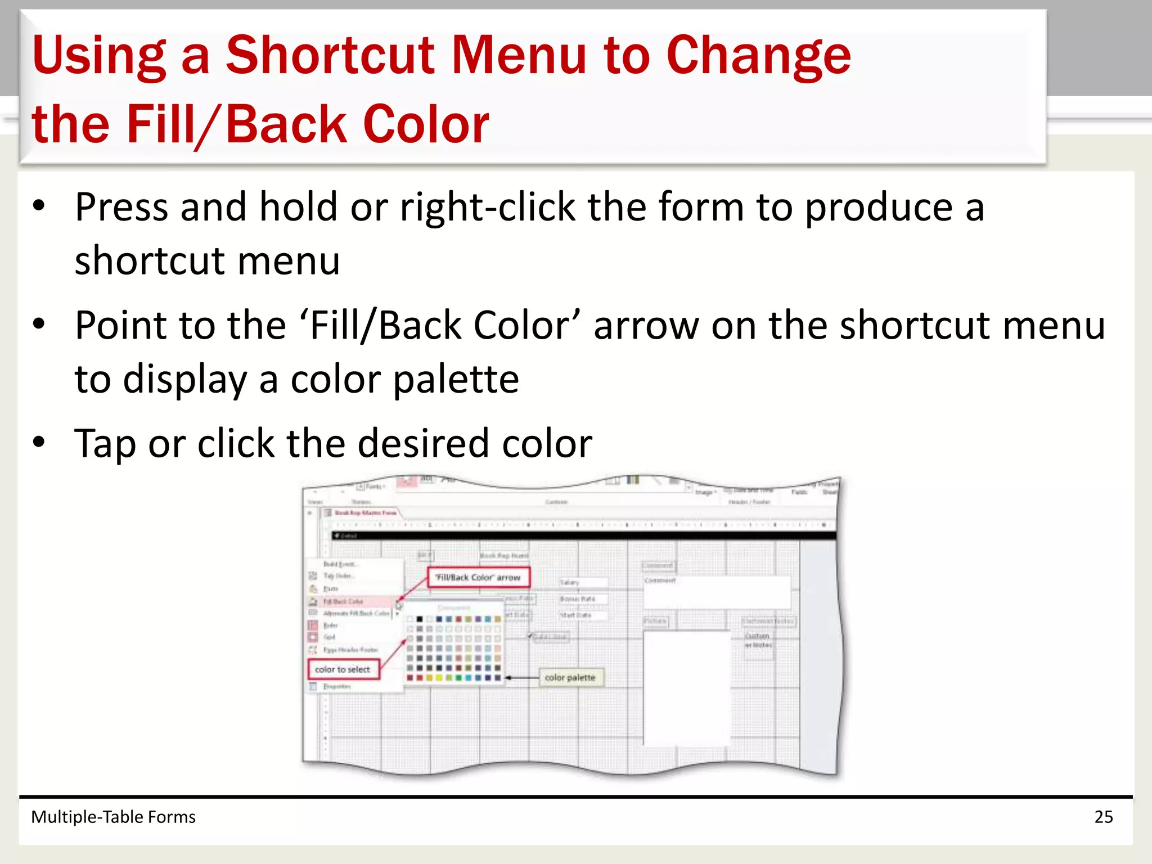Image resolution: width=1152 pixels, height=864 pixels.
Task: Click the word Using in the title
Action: point(99,56)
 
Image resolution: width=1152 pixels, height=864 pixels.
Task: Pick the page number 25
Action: point(1104,817)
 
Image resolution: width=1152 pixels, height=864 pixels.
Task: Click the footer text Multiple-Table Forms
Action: point(113,817)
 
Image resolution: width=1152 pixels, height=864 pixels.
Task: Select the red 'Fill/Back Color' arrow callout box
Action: point(478,578)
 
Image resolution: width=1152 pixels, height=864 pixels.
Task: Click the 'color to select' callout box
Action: point(343,669)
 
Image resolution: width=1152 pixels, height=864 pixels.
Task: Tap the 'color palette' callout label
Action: point(570,678)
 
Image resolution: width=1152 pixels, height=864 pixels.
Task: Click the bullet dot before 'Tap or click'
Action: point(38,442)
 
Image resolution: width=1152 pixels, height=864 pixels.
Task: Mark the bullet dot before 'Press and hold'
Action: point(38,206)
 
